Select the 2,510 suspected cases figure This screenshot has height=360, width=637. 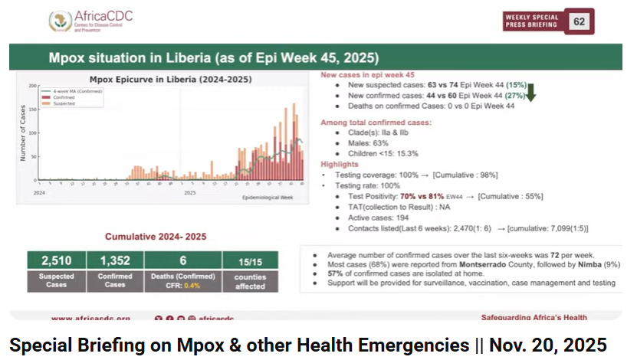pyautogui.click(x=56, y=261)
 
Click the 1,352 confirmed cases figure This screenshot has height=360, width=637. pyautogui.click(x=114, y=261)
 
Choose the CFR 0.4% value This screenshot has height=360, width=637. pyautogui.click(x=192, y=286)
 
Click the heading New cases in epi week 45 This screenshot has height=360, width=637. pyautogui.click(x=367, y=75)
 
